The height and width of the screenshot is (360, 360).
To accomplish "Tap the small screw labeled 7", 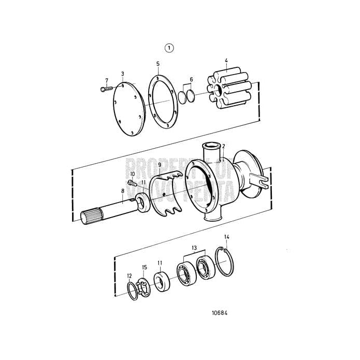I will pyautogui.click(x=103, y=89).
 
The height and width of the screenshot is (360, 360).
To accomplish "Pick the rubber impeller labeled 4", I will pyautogui.click(x=225, y=90).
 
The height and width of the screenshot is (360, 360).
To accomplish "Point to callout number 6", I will pyautogui.click(x=191, y=79).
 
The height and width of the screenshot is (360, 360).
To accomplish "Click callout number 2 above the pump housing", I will pyautogui.click(x=223, y=147).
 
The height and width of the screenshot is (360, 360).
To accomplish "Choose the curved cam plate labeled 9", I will pyautogui.click(x=171, y=191).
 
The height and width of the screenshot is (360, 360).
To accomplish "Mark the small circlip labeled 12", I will pyautogui.click(x=132, y=291).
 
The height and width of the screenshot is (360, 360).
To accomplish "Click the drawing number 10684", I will pyautogui.click(x=220, y=313).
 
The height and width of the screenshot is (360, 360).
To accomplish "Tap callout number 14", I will pyautogui.click(x=226, y=237).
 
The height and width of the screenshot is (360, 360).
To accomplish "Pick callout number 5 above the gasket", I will pyautogui.click(x=157, y=63).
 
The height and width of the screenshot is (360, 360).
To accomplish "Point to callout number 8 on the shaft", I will pyautogui.click(x=122, y=191).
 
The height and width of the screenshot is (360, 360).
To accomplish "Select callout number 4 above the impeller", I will pyautogui.click(x=226, y=61).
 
